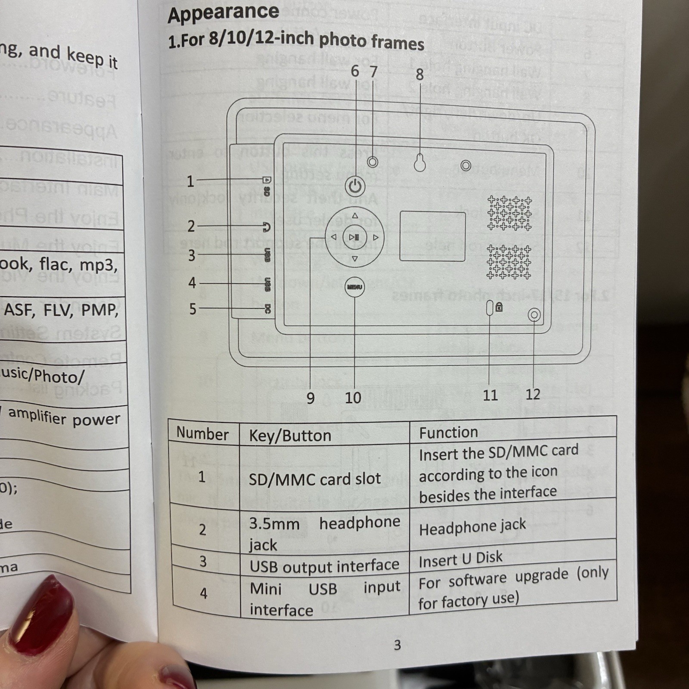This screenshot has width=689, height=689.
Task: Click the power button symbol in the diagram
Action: coord(355,187)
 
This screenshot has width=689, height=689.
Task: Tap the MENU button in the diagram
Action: coord(354,287)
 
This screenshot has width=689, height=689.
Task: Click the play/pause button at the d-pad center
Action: coord(354,237)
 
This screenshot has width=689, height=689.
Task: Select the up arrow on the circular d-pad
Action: coord(355,216)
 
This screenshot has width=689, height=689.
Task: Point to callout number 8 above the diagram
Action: coord(420,75)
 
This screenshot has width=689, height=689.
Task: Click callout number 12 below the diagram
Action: coord(533,394)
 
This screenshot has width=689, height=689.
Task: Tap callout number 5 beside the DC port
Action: coord(192,309)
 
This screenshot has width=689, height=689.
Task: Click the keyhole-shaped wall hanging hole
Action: coord(420,163)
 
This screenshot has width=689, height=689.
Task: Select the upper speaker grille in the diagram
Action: coord(509,213)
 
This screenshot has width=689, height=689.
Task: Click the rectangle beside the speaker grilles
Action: coord(432,236)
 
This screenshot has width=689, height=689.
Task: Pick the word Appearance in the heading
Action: coord(223,13)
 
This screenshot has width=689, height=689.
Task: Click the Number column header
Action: coord(202,434)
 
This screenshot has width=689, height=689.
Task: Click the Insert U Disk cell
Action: coord(460,559)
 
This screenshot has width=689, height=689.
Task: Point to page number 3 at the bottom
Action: coord(397,645)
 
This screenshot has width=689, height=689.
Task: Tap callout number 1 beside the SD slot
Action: coord(190,181)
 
